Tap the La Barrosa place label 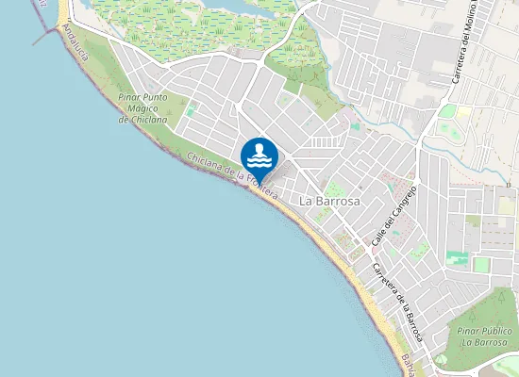[x=331, y=202]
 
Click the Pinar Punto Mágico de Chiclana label [x=143, y=108]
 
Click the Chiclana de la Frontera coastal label [x=232, y=175]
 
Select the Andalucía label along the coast [x=74, y=43]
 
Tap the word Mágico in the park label [x=142, y=108]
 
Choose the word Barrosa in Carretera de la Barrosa [x=411, y=322]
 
